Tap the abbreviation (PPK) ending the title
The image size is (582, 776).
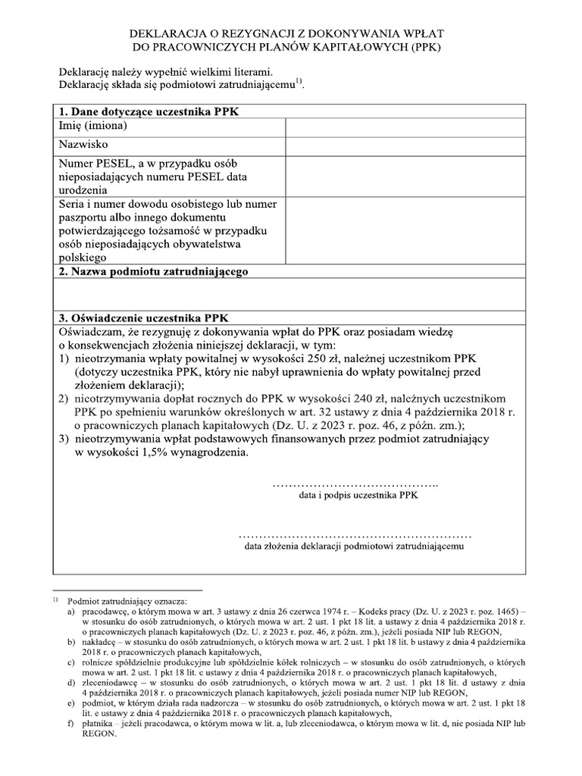point(425,47)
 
